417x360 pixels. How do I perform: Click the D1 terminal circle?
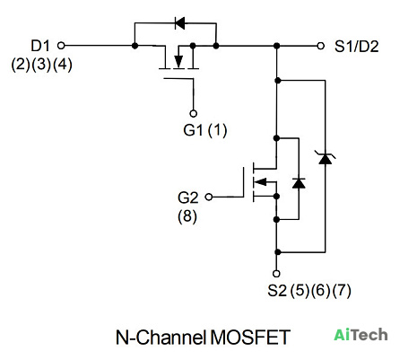coord(61,46)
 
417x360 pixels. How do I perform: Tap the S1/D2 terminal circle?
coord(321,46)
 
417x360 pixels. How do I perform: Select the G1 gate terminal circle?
coord(194,114)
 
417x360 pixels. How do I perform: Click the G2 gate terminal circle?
coord(209,197)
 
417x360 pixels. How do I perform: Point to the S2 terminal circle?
coord(276,274)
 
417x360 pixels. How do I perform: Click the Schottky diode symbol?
coord(326,158)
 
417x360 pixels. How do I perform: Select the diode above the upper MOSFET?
coord(179,23)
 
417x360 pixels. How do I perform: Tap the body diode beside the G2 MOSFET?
coord(299,183)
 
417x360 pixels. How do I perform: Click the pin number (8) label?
coord(187,216)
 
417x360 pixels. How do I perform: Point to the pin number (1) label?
coord(217,130)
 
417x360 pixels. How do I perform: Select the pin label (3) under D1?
coord(41,65)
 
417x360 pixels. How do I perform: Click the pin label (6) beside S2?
coord(320,290)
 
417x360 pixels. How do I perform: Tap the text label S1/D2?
coord(357,47)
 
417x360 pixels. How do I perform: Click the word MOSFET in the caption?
coord(250,338)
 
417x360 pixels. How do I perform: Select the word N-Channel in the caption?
coord(161,338)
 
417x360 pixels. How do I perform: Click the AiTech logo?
coord(361,335)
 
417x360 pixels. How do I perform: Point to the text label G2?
coord(187,198)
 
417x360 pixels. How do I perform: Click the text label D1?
coord(40,46)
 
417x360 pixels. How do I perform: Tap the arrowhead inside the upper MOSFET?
coord(178,62)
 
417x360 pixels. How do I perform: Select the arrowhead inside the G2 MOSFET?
coord(260,181)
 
